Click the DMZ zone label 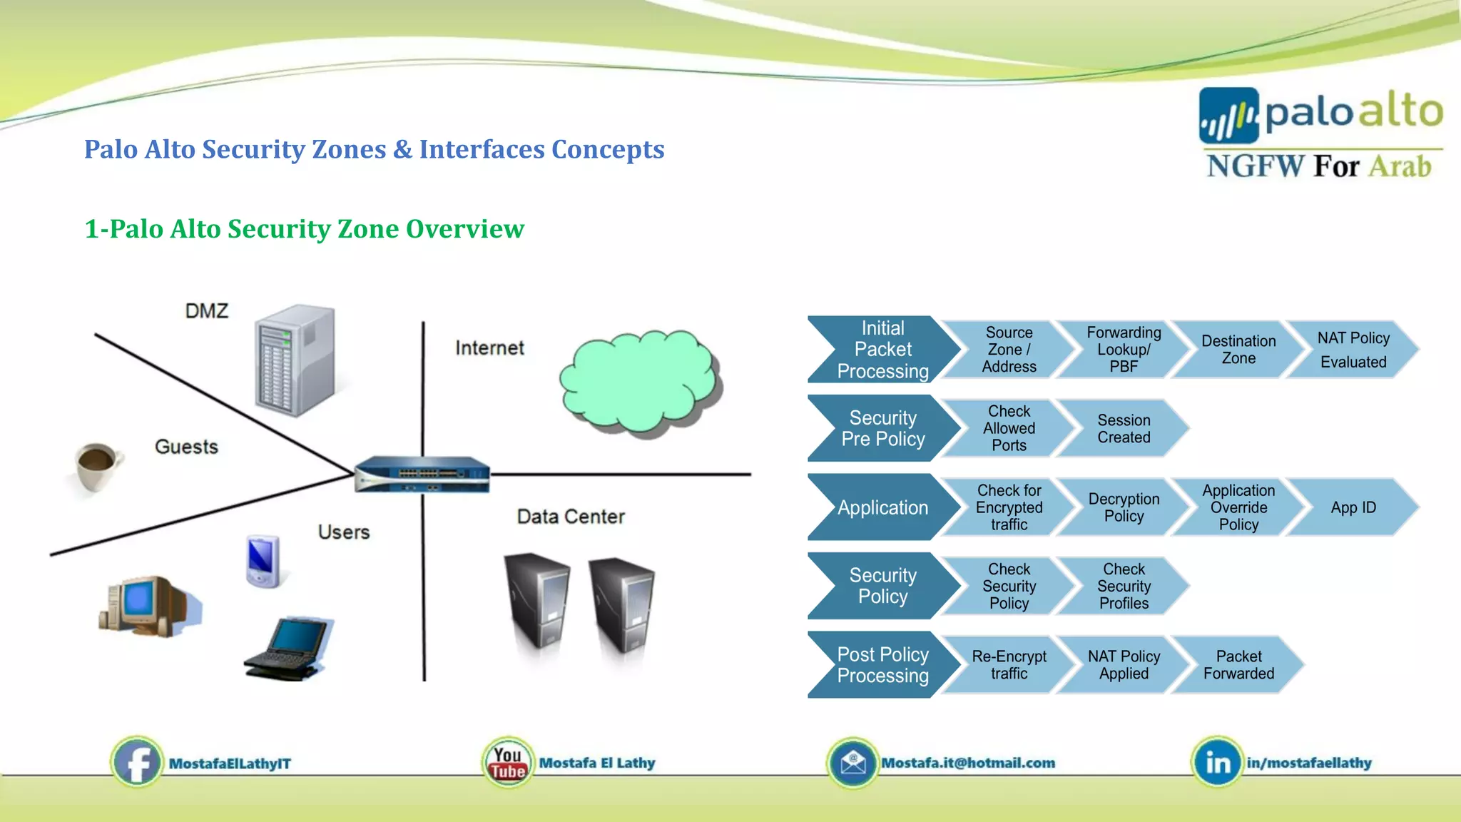click(x=207, y=311)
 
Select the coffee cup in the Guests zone click(x=96, y=467)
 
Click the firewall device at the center click(x=422, y=475)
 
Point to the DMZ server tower click(x=295, y=360)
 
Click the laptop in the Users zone click(x=289, y=649)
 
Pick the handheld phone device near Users click(x=262, y=561)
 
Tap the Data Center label click(x=571, y=517)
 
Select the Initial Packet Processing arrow click(x=882, y=350)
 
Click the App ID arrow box click(x=1353, y=507)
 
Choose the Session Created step click(x=1123, y=429)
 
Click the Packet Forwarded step click(x=1238, y=665)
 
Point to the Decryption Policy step click(x=1123, y=507)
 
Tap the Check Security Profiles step click(x=1123, y=587)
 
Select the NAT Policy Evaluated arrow click(x=1353, y=350)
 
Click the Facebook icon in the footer click(x=137, y=763)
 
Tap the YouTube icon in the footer click(x=507, y=763)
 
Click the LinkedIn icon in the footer click(x=1217, y=763)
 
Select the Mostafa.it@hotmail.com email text click(x=967, y=763)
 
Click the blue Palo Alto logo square click(x=1228, y=116)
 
